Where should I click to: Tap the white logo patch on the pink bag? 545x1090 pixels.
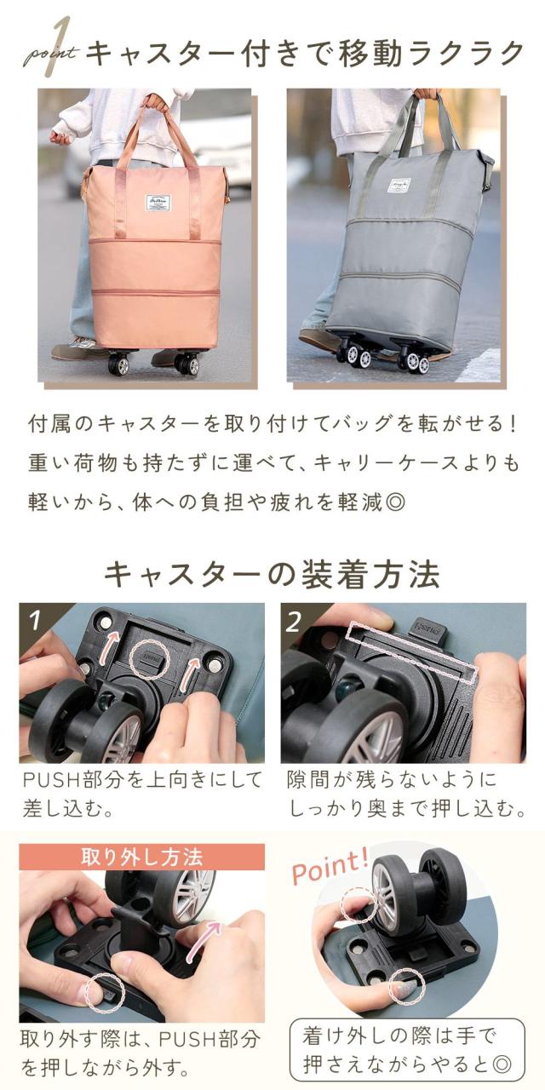[x=156, y=202]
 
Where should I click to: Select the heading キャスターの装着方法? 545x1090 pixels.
[x=272, y=575]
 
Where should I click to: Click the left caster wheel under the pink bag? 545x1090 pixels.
[x=118, y=364]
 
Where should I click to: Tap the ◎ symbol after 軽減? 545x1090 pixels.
[x=394, y=502]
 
